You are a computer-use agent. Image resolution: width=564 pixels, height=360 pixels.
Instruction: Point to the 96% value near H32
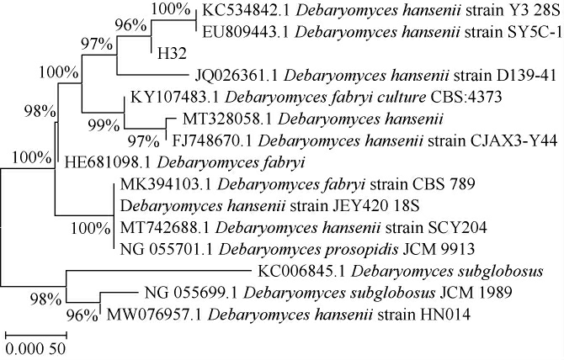pos(131,24)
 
